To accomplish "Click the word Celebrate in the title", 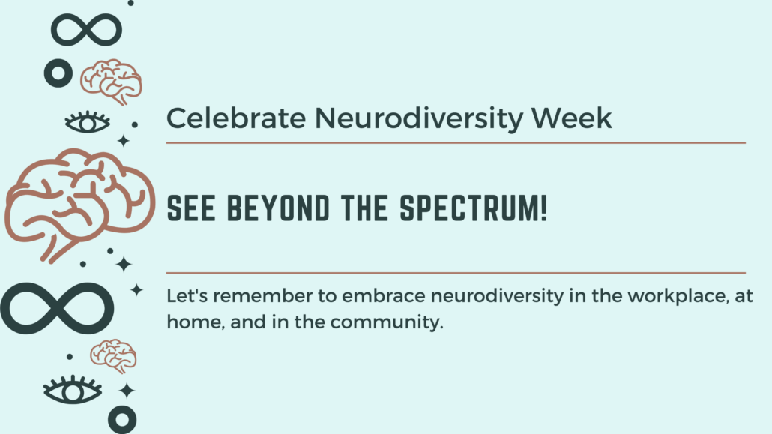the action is (236, 118).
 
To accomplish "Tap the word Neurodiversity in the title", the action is (417, 119).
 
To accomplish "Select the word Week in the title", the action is (571, 118).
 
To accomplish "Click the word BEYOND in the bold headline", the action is (278, 208).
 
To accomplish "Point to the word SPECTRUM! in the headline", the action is (474, 208).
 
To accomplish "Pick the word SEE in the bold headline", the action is (191, 208).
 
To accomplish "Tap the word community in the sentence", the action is (387, 322).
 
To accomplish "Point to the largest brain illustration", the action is (80, 205).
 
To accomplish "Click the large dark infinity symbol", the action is (57, 308).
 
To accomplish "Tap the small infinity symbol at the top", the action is (86, 30).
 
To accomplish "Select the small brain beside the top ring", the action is (111, 82).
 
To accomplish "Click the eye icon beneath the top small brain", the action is (88, 122).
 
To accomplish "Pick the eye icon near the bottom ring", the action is (73, 391).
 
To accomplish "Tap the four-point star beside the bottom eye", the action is (127, 391).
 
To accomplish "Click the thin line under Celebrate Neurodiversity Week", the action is (456, 143).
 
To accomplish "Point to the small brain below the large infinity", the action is (113, 356).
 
